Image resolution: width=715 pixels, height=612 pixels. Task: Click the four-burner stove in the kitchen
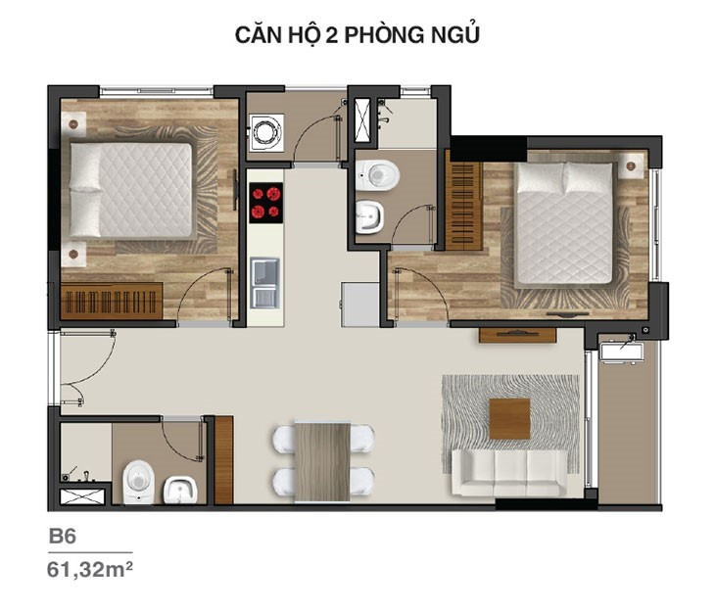click(x=265, y=203)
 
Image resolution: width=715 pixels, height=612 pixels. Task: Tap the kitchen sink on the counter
click(x=264, y=283)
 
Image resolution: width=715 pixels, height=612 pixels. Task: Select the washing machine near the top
click(x=265, y=132)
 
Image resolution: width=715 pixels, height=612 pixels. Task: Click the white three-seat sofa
click(x=509, y=472)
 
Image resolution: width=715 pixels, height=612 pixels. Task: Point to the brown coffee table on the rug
click(x=509, y=419)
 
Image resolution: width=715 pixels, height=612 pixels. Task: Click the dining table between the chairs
click(x=322, y=461)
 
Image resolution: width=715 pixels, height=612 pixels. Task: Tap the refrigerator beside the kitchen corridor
click(x=359, y=305)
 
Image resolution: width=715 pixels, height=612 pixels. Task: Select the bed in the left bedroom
click(x=131, y=190)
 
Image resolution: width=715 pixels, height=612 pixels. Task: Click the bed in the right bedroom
click(x=564, y=222)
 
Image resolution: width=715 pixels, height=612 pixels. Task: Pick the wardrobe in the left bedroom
click(x=112, y=301)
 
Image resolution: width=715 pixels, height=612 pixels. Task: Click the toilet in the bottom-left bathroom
click(x=138, y=482)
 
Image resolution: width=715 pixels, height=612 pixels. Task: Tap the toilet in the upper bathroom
click(x=377, y=175)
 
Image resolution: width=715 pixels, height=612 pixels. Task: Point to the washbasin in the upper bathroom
click(x=370, y=216)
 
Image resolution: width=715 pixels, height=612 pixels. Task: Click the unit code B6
click(x=63, y=537)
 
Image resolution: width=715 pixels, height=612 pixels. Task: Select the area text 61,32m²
click(x=90, y=570)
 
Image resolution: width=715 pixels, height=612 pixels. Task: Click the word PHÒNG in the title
click(x=379, y=35)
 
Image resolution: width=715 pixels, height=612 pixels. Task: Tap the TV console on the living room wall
click(x=517, y=335)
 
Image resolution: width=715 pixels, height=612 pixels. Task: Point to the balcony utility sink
click(x=620, y=353)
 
